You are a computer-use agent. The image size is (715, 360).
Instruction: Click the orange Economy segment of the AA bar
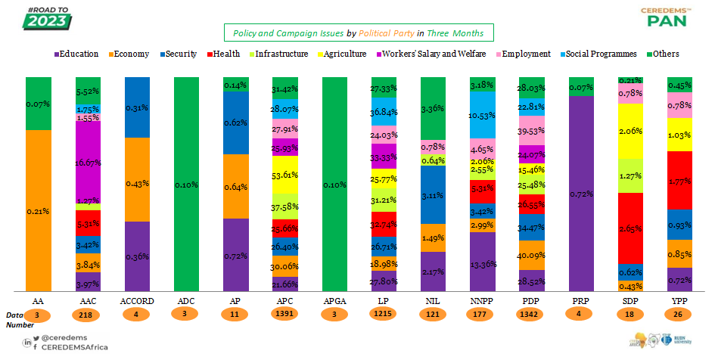point(38,210)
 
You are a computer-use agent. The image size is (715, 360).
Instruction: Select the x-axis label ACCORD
point(138,301)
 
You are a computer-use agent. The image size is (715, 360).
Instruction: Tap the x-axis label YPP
point(678,301)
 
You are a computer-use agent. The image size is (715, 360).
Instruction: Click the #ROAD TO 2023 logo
point(48,17)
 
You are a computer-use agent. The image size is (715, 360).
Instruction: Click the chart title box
point(358,33)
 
